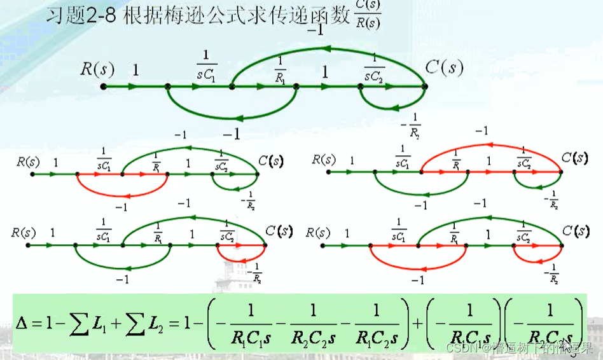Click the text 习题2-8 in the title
(81, 17)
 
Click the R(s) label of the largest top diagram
(97, 69)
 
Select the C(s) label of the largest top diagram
(444, 68)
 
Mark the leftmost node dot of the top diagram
(104, 87)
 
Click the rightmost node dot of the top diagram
(425, 87)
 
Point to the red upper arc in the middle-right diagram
(490, 148)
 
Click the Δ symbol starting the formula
(25, 324)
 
